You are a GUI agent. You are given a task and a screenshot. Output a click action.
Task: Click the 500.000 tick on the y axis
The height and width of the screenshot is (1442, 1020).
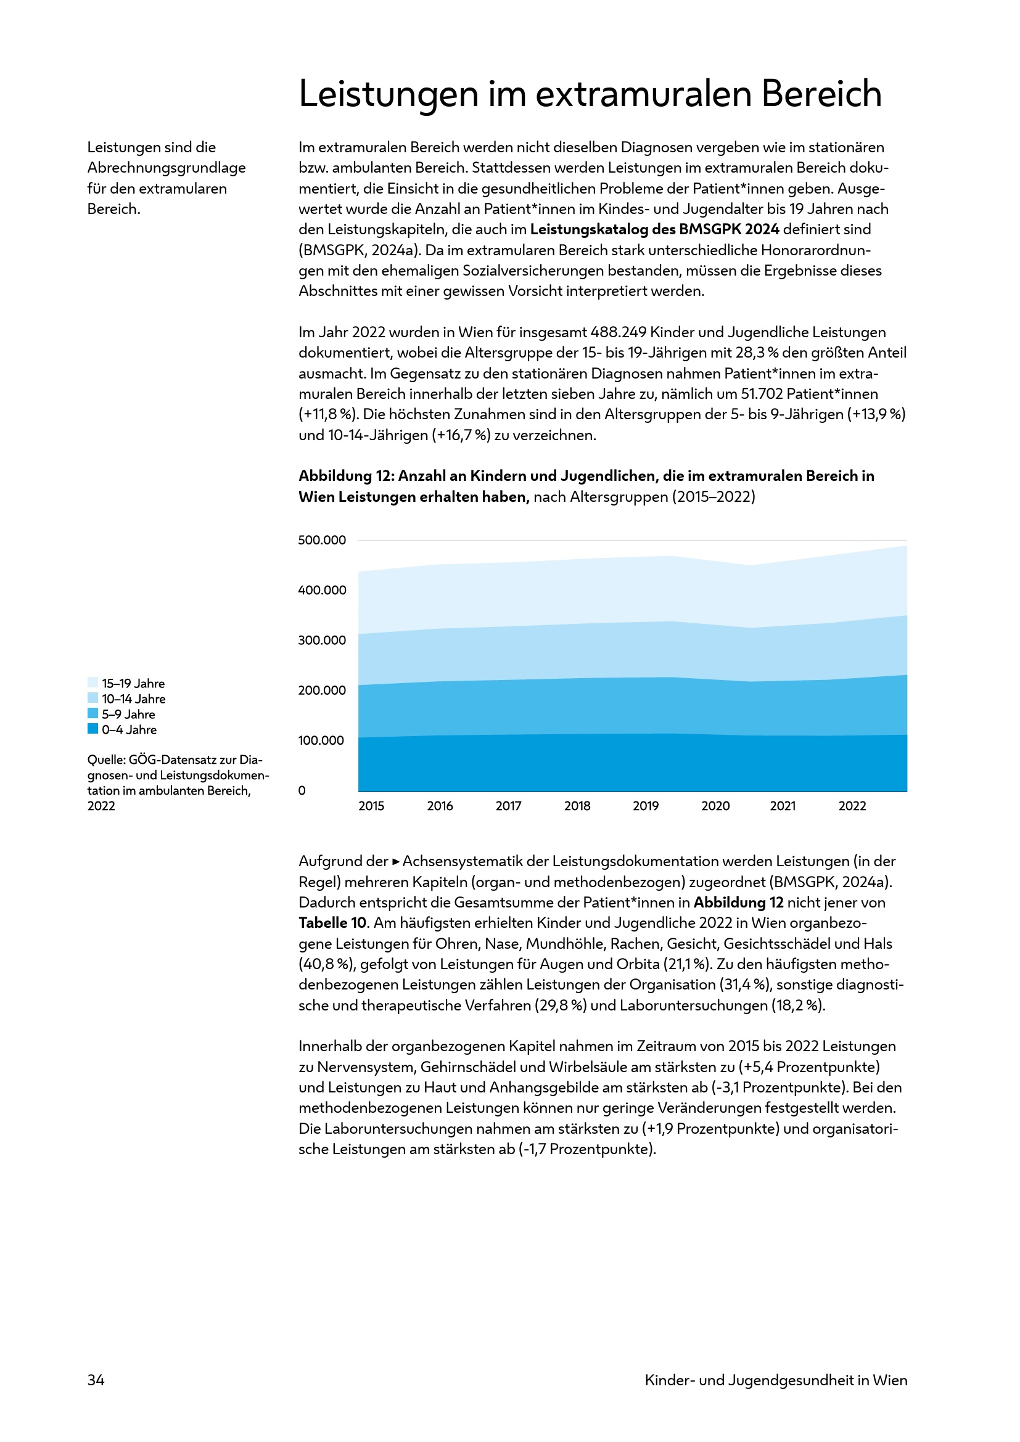click(321, 540)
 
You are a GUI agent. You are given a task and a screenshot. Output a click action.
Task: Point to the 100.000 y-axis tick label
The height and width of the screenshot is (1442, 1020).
click(321, 740)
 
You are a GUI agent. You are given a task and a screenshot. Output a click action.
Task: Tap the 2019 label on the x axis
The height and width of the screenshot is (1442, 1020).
click(646, 806)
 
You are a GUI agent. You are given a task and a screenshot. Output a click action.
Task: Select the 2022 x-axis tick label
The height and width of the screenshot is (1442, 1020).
click(852, 806)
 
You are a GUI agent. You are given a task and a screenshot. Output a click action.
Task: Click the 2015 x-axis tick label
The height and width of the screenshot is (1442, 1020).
click(371, 806)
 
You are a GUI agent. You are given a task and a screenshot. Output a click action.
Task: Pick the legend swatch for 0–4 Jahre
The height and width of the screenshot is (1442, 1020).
click(93, 729)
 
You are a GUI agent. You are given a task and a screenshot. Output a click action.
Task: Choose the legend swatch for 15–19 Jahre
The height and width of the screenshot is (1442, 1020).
click(93, 682)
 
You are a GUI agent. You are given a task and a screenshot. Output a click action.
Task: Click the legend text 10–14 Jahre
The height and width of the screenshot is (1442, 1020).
click(134, 699)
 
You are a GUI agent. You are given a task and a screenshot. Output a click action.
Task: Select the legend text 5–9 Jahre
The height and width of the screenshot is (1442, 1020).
click(129, 714)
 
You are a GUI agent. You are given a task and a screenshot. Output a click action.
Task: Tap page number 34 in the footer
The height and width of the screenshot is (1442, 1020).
click(96, 1380)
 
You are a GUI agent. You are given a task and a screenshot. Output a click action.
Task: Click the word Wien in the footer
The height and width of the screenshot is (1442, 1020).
click(890, 1380)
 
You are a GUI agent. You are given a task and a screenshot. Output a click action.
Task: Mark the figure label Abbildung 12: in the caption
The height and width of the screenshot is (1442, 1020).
click(346, 476)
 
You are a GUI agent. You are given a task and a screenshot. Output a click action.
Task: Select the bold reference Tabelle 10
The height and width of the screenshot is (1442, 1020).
click(332, 923)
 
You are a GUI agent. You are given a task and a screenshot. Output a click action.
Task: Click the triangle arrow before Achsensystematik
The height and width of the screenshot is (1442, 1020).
click(396, 862)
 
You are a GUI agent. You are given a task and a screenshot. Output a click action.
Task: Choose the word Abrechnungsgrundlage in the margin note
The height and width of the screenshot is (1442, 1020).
click(167, 168)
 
